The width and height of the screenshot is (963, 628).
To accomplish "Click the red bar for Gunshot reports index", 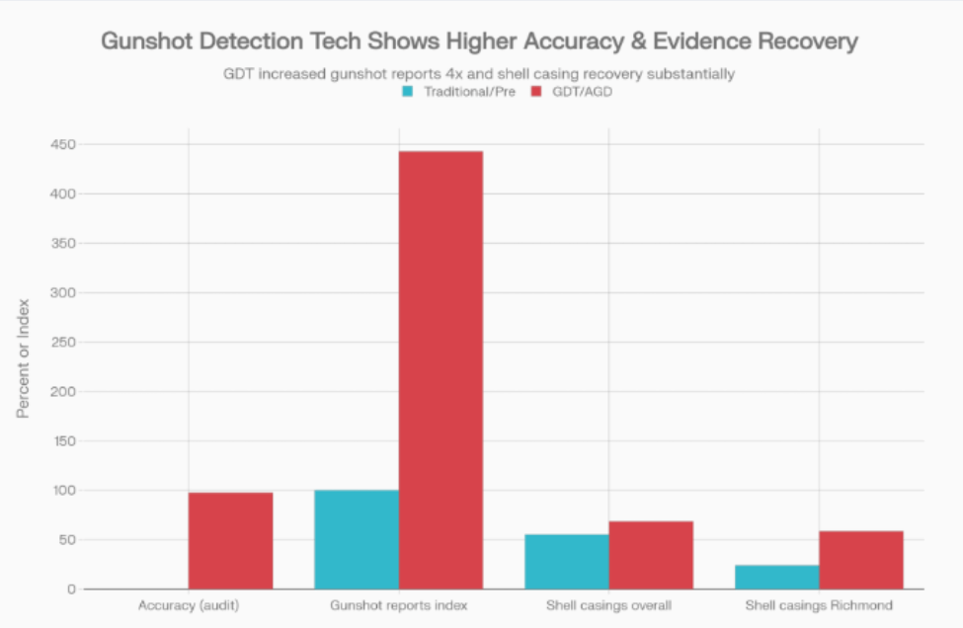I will point(441,370).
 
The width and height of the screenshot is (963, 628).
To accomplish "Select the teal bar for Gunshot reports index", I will point(357,539).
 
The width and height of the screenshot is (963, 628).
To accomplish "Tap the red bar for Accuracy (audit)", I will point(230,540).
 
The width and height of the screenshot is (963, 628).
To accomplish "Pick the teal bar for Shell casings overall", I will point(567,562).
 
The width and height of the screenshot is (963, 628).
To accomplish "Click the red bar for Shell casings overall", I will point(651,555).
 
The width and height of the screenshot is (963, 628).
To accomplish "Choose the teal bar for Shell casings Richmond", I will point(777,577).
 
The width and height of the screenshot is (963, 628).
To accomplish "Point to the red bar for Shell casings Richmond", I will point(861,560).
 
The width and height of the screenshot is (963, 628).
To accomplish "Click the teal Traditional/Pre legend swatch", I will point(406,92).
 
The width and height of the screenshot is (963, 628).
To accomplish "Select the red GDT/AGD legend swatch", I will point(537,92).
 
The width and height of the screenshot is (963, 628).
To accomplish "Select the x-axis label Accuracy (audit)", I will point(188,605).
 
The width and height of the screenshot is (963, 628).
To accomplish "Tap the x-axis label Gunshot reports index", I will point(398,605).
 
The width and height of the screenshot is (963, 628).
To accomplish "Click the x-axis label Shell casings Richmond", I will point(819,605).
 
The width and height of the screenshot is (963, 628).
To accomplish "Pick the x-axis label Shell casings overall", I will point(608,605).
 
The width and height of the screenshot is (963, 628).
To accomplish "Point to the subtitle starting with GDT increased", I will point(481,74).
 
